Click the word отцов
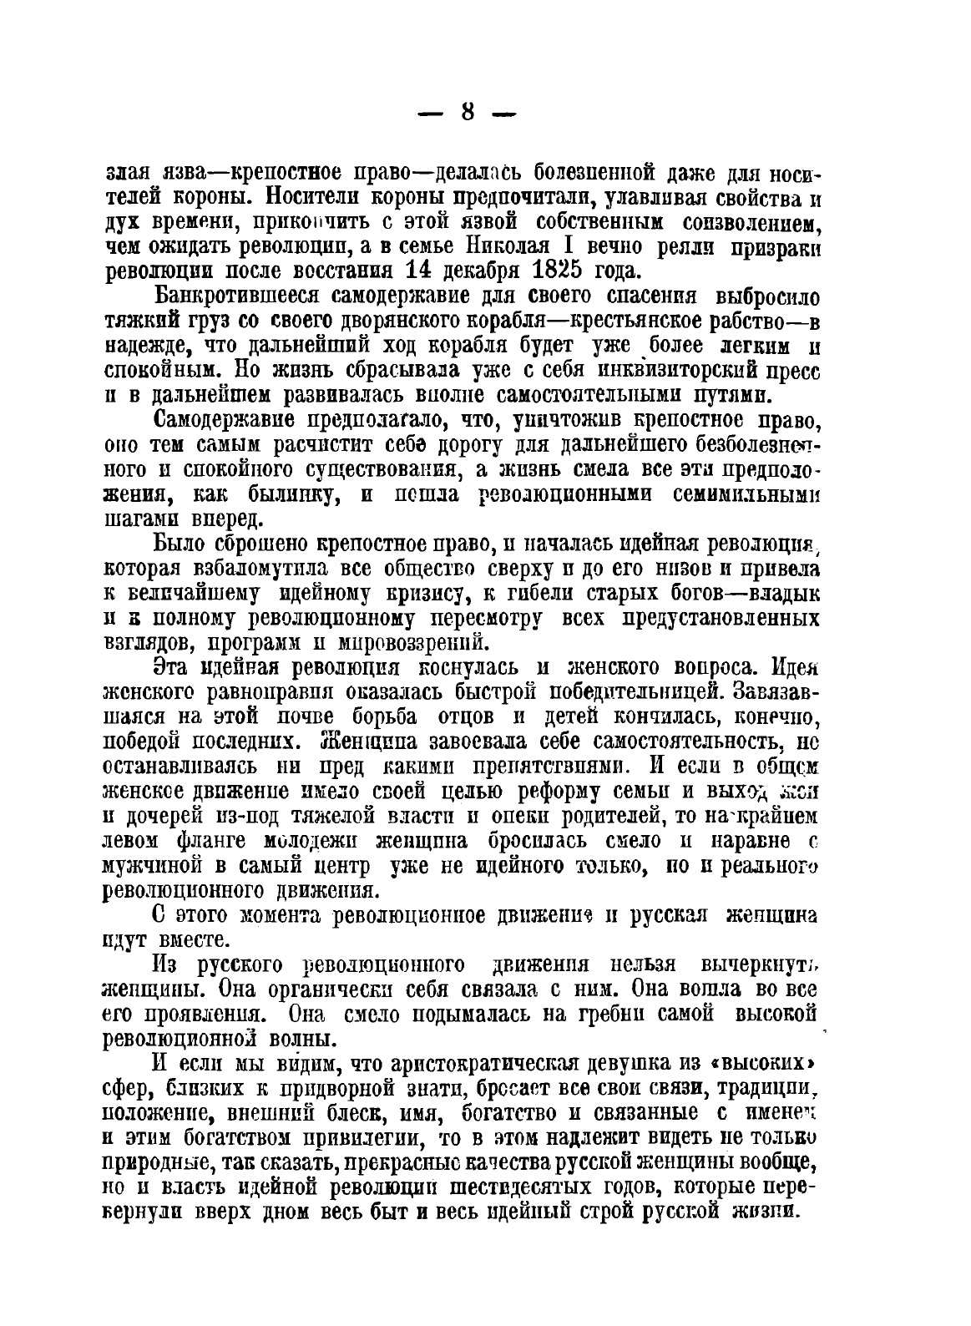[466, 716]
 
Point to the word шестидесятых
[555, 1187]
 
